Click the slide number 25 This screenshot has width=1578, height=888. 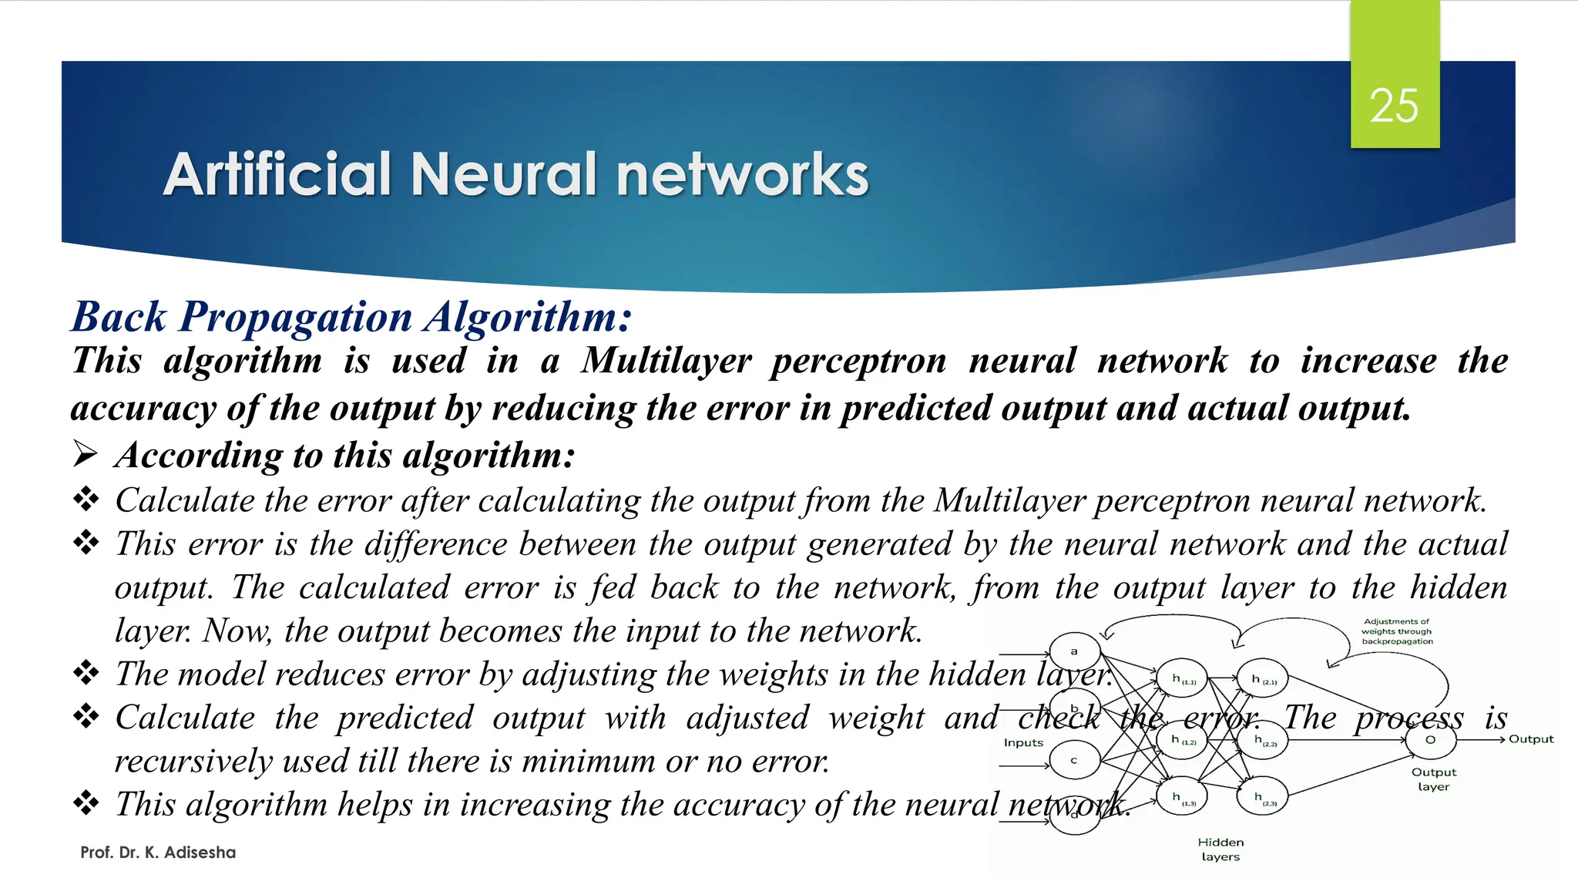point(1394,106)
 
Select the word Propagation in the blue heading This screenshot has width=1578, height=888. point(296,317)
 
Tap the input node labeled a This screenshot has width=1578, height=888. point(1074,651)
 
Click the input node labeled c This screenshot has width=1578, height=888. point(1074,761)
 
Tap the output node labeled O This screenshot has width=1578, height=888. point(1431,740)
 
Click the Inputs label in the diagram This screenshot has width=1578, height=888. point(1023,743)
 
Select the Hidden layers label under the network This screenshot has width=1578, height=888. point(1220,849)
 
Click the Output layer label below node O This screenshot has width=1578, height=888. point(1433,779)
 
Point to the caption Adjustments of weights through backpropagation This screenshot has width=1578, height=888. point(1396,631)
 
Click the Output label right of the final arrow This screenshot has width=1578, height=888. point(1531,739)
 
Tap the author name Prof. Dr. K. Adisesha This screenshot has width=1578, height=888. point(158,853)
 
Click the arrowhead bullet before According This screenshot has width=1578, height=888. point(85,454)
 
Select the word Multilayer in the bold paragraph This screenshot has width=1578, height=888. point(666,361)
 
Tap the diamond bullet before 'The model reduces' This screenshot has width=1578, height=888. point(86,673)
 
